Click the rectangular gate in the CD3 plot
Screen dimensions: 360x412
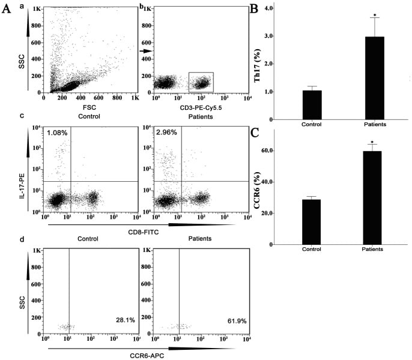(x=201, y=82)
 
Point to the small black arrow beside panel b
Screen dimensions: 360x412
(x=145, y=52)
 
